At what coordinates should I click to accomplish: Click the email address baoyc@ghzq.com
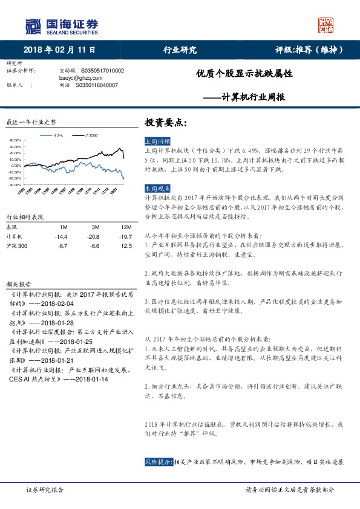click(76, 78)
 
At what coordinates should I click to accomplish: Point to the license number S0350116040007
click(97, 85)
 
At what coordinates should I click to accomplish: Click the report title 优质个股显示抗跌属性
click(244, 74)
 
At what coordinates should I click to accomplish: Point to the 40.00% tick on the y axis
click(15, 140)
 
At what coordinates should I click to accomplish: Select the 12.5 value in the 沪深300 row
click(126, 246)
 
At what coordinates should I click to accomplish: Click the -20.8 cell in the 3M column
click(93, 236)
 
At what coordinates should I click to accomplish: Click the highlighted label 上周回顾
click(157, 140)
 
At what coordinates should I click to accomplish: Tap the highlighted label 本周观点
click(157, 189)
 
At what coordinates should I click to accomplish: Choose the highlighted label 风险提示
click(159, 462)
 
